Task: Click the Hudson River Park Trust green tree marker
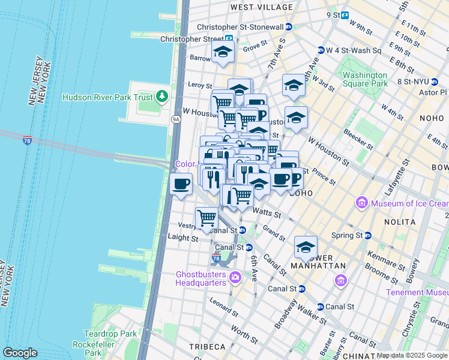click(161, 96)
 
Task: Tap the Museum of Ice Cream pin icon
click(362, 203)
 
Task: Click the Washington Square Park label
click(365, 80)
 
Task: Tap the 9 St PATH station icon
click(345, 15)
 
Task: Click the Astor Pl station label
click(435, 92)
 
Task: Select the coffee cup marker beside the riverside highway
click(181, 185)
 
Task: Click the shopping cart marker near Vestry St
click(206, 218)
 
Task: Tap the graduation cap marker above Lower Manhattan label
click(306, 247)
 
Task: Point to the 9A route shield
click(176, 119)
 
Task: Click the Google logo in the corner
click(20, 353)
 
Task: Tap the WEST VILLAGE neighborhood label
click(262, 7)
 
